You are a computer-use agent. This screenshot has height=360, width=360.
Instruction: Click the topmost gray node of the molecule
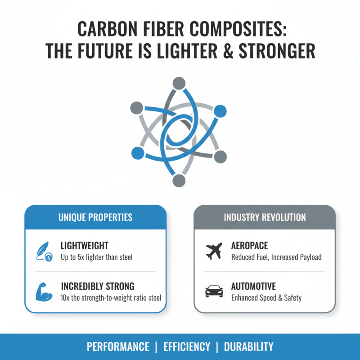pos(179,84)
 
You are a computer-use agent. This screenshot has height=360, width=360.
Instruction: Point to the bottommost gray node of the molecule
pos(179,180)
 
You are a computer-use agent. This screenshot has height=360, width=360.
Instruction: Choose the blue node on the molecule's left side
pos(137,153)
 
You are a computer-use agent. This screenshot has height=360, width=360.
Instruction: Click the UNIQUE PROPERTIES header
pos(95,217)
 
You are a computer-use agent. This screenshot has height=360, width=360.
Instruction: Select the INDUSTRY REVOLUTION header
pos(265,217)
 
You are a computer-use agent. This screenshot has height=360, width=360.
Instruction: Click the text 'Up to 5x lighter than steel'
pos(96,257)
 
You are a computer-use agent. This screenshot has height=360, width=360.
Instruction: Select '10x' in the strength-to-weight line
pos(66,297)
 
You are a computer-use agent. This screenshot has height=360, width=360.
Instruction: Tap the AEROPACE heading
pos(249,246)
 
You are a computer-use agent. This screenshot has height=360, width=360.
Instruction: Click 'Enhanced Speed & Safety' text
pos(266,297)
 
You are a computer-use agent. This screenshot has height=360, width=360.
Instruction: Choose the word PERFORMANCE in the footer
pos(118,347)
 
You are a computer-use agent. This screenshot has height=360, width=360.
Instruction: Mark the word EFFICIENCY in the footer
pos(187,347)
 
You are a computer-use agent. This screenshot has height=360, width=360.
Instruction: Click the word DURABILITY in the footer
pos(248,347)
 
